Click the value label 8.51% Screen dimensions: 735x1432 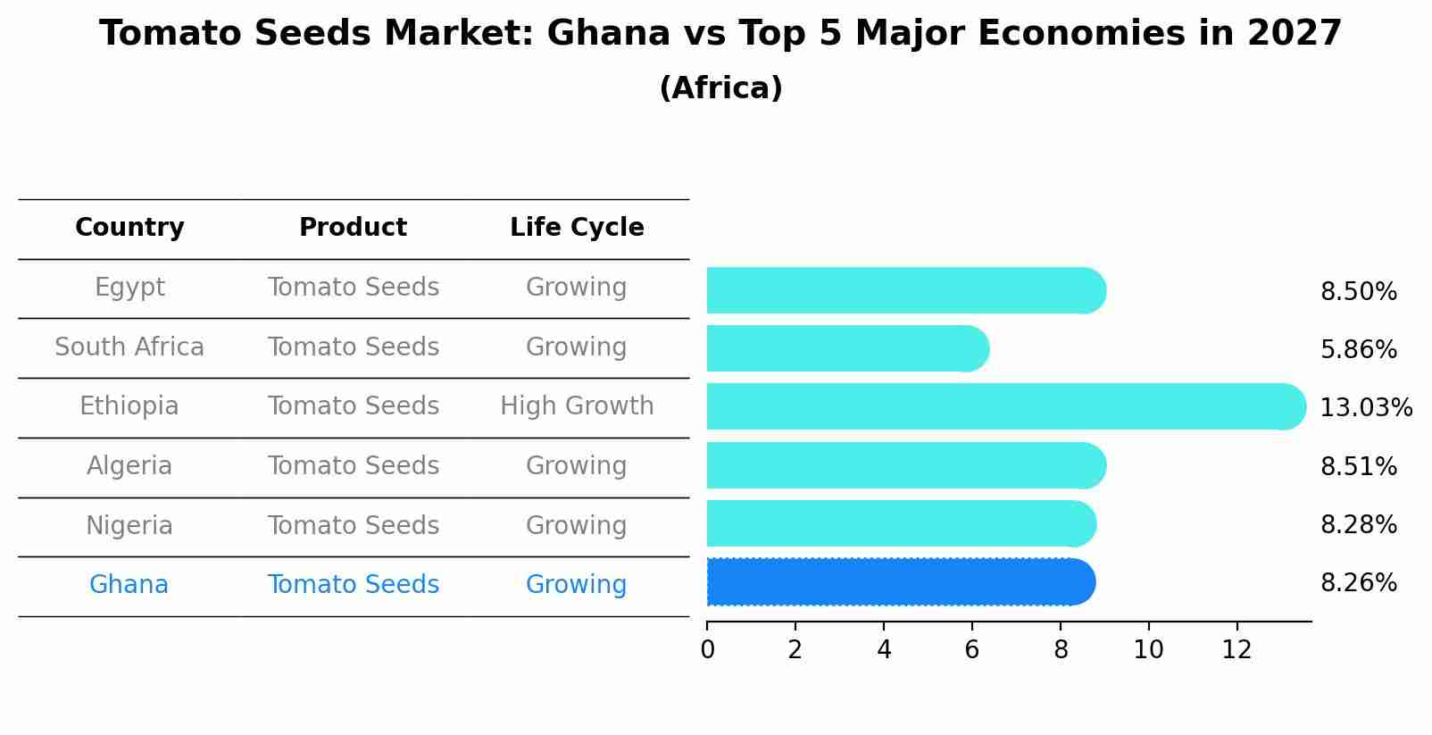pyautogui.click(x=1358, y=466)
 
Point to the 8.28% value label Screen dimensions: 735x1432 pyautogui.click(x=1358, y=525)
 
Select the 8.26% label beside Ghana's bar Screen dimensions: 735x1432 pyautogui.click(x=1358, y=583)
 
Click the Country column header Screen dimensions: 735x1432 pyautogui.click(x=129, y=228)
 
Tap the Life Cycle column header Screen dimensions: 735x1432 pyautogui.click(x=577, y=228)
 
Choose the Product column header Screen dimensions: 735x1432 pyautogui.click(x=353, y=228)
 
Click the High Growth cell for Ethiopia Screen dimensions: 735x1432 pyautogui.click(x=577, y=406)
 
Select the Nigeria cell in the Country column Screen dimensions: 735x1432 pyautogui.click(x=129, y=525)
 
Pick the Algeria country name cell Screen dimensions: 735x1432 pyautogui.click(x=129, y=466)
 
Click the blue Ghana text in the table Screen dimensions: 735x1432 pyautogui.click(x=129, y=585)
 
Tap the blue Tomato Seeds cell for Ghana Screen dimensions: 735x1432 pyautogui.click(x=353, y=585)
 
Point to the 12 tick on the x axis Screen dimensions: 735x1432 pyautogui.click(x=1236, y=650)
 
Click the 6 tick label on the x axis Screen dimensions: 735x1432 pyautogui.click(x=971, y=650)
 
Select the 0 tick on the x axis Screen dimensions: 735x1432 pyautogui.click(x=707, y=650)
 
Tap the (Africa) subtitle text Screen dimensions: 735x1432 pyautogui.click(x=720, y=88)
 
